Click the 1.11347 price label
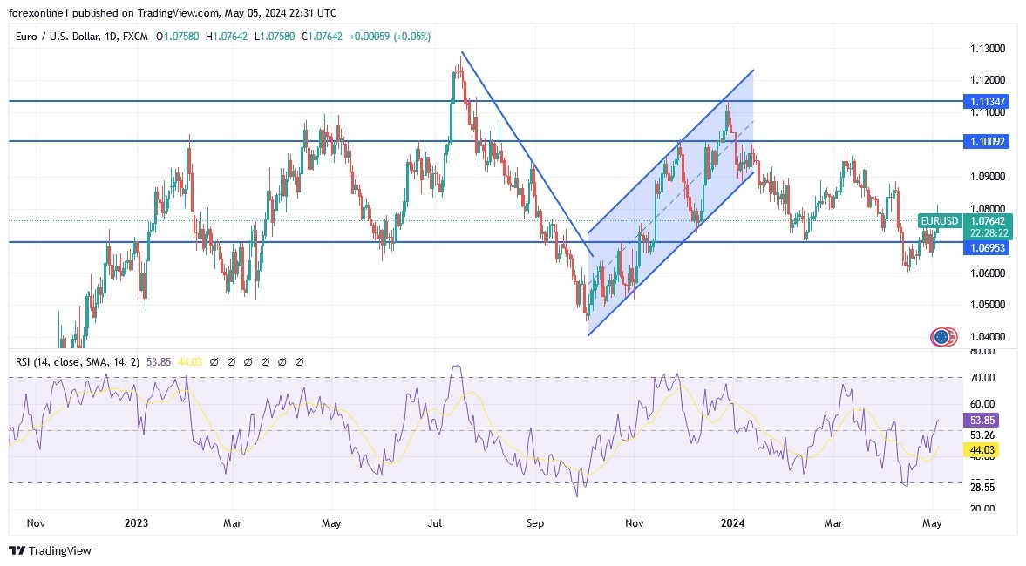(x=988, y=102)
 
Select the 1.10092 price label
(x=988, y=141)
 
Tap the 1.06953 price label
(x=988, y=248)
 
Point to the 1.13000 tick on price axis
(x=988, y=48)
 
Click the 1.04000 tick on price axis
(x=988, y=337)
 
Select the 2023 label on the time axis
(x=136, y=523)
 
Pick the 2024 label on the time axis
(x=733, y=523)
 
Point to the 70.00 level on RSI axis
(x=982, y=377)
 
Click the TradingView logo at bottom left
(x=50, y=550)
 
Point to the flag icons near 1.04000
(x=943, y=336)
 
